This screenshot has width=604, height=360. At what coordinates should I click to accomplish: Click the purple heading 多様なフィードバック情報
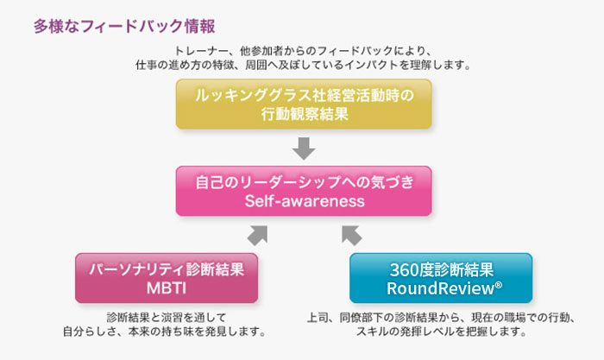click(124, 27)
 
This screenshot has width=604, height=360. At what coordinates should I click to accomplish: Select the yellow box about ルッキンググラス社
click(304, 104)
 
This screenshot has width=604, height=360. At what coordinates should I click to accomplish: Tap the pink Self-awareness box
click(304, 191)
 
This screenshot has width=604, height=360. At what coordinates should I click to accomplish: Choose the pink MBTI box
click(167, 278)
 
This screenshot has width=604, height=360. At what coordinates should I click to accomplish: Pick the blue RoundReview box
click(441, 278)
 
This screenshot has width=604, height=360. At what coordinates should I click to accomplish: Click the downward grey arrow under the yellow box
click(304, 148)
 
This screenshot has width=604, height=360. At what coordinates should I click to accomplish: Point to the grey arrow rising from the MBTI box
click(257, 236)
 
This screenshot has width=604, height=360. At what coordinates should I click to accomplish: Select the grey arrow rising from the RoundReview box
click(352, 236)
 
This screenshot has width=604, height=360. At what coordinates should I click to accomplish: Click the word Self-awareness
click(305, 201)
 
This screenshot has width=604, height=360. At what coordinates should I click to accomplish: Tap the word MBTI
click(167, 288)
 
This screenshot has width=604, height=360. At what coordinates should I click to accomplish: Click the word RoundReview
click(440, 288)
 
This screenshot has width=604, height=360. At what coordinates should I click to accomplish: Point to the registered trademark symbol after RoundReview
click(499, 285)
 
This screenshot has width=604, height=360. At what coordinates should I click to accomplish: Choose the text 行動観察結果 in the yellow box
click(305, 114)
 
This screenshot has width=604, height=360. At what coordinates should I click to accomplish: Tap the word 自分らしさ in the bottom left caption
click(90, 332)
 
